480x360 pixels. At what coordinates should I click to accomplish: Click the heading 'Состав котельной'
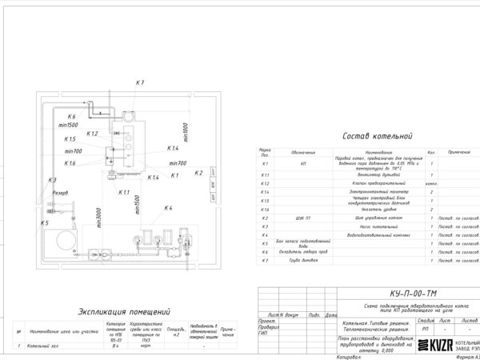375,137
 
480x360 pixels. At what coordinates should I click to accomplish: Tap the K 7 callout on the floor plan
139,83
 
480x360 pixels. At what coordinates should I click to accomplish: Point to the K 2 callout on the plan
199,173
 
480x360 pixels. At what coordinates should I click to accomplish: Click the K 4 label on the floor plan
168,209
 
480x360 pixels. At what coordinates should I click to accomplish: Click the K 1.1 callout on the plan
124,193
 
